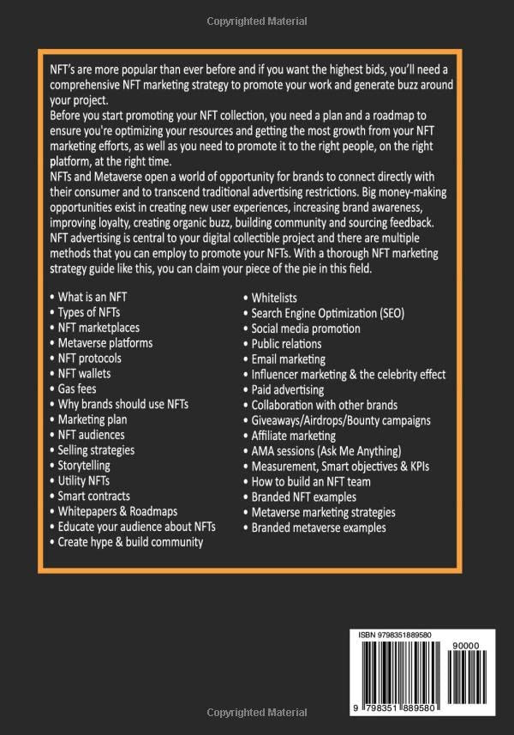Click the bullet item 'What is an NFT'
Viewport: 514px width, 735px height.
point(93,297)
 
